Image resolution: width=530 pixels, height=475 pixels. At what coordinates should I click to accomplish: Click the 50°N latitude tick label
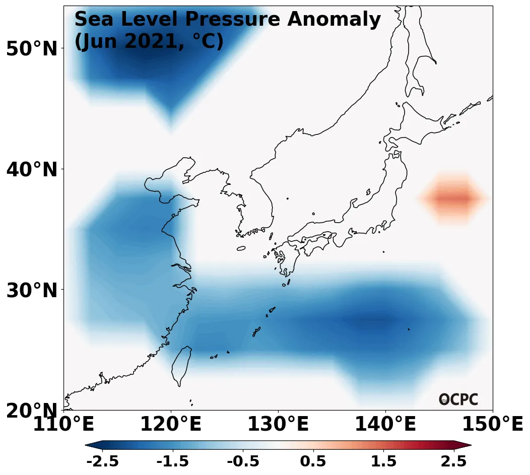tap(32, 49)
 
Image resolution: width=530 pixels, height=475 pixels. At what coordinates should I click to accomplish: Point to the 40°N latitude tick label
tap(32, 170)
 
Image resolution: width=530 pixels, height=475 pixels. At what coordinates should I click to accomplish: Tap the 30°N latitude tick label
tap(32, 290)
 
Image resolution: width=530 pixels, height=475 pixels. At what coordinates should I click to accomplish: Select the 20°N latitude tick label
tap(32, 411)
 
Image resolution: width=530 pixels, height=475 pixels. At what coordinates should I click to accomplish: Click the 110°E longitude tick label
tap(63, 424)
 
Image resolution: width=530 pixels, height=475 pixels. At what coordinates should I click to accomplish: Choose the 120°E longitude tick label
tap(171, 424)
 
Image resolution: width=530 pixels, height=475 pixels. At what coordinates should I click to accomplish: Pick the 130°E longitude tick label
tap(278, 424)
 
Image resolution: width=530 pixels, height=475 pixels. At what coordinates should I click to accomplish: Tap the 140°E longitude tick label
tap(385, 424)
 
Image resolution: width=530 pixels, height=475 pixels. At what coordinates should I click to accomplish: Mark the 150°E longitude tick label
tap(493, 424)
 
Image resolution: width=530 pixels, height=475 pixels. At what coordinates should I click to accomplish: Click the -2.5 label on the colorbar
tap(103, 461)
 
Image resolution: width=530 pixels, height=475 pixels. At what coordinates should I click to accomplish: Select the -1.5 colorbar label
tap(173, 461)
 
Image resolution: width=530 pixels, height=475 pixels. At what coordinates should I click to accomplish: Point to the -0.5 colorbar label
tap(243, 461)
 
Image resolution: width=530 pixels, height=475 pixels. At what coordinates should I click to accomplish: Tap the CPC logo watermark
tap(458, 399)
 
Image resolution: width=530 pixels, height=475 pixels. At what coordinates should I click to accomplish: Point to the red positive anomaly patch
tap(452, 198)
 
